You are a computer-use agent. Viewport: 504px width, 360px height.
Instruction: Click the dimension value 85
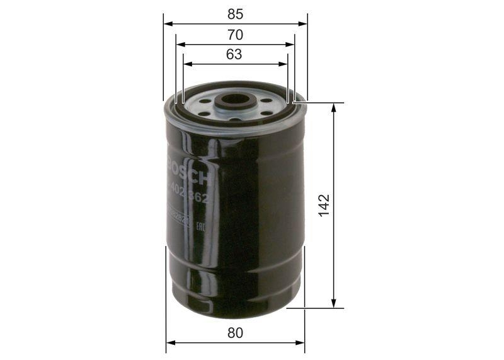point(235,13)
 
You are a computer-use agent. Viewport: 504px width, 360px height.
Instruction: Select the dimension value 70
point(235,35)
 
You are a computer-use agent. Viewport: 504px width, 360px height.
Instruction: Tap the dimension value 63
point(234,54)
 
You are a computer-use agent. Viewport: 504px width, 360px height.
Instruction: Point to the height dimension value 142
point(323,206)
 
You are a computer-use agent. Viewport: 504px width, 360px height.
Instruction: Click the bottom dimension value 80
point(235,332)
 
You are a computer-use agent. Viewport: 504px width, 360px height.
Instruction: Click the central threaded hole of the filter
point(236,100)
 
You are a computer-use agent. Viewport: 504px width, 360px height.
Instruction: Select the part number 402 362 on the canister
point(190,192)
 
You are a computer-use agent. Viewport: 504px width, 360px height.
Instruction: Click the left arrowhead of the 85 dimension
point(167,23)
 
